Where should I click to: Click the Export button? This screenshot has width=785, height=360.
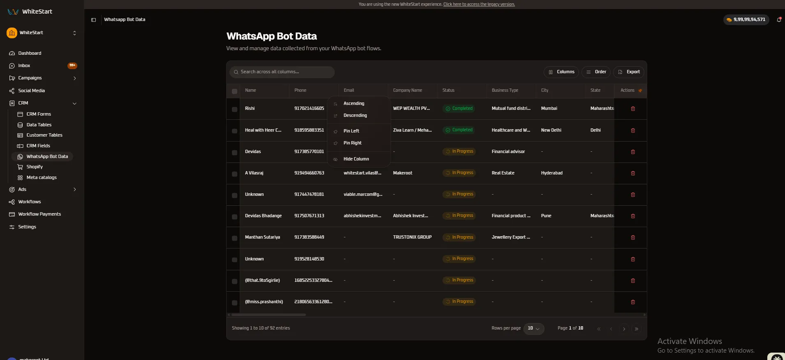point(629,72)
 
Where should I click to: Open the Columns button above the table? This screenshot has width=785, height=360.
point(561,72)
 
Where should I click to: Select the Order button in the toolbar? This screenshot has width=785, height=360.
point(596,72)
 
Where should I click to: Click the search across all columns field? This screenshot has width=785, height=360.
point(282,72)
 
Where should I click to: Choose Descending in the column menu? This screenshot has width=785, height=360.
point(355,116)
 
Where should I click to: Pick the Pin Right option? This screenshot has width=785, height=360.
point(352,143)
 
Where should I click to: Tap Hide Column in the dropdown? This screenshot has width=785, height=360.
point(356,159)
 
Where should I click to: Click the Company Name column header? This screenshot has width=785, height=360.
point(408,91)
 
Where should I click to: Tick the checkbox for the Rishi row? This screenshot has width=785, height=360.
point(234,109)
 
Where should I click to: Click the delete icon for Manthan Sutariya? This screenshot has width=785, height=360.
point(633,237)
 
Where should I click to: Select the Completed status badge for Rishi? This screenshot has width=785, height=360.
point(459,109)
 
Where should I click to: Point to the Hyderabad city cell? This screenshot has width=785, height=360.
point(552,173)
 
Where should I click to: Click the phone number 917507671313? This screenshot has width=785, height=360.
point(309,216)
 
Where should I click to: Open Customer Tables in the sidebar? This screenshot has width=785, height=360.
point(44,135)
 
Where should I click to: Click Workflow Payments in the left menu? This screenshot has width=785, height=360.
point(39,214)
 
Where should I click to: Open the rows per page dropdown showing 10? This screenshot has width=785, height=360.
point(534,328)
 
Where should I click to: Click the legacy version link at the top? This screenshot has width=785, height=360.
point(479,5)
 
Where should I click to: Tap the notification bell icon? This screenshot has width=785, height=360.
point(779,19)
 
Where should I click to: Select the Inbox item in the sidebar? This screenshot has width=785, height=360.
point(24,66)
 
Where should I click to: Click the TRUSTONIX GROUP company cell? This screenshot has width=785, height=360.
point(412,237)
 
